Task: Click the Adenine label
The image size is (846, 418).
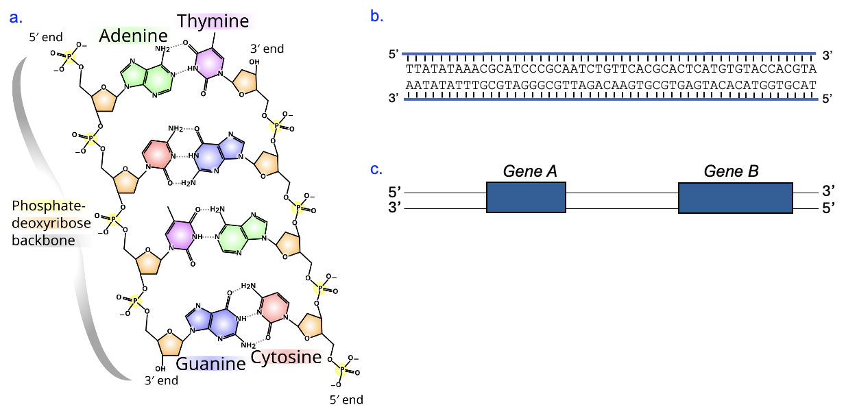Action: (x=133, y=36)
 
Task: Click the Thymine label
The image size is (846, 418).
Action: (x=213, y=21)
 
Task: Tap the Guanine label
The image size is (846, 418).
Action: (x=210, y=364)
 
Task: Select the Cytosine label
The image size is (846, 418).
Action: (x=286, y=357)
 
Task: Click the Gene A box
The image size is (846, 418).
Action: (x=526, y=197)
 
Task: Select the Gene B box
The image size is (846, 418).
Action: (x=736, y=197)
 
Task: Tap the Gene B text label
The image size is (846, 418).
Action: (x=731, y=171)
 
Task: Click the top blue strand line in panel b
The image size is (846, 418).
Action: (x=609, y=53)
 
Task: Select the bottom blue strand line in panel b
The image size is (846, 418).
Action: (x=609, y=100)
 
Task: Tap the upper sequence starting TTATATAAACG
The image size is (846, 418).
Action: (x=609, y=69)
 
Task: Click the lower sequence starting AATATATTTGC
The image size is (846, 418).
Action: (x=609, y=84)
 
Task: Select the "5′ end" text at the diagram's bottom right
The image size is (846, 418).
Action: (x=346, y=399)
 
